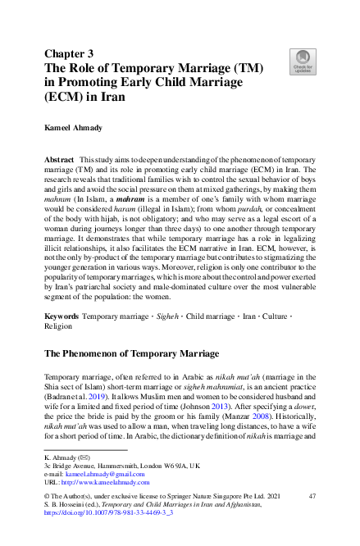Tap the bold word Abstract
(x=61, y=156)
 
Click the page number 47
(x=312, y=497)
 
